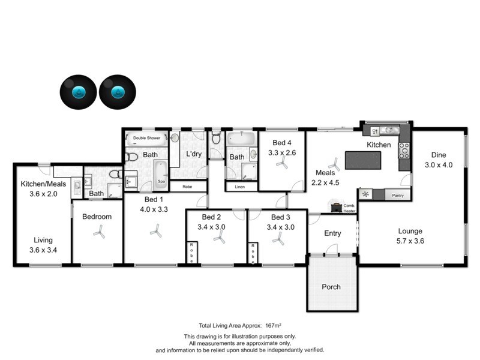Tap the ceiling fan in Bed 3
[278, 239]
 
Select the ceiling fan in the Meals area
[334, 163]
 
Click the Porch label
[331, 287]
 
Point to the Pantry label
[397, 196]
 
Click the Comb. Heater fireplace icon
[337, 207]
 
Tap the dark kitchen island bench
[364, 161]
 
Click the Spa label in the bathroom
[161, 181]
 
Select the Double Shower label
[146, 138]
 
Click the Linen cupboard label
[240, 187]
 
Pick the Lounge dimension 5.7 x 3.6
[410, 241]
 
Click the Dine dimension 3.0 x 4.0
[438, 164]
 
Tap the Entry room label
[332, 233]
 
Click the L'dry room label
[194, 154]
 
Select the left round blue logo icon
[78, 92]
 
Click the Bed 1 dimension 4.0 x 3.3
[154, 209]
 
